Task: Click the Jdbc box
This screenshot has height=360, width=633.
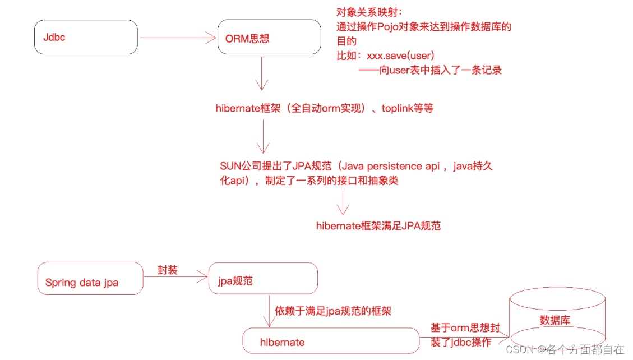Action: pos(86,37)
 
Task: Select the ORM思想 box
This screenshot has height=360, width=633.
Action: pos(269,38)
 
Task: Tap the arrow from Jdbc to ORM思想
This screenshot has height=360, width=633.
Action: pos(178,38)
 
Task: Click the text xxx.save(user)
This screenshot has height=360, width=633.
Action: pos(400,56)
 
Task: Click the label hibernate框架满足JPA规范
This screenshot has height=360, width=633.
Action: pos(378,226)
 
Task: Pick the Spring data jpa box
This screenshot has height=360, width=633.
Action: pos(90,278)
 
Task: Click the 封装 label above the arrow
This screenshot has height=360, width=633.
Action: pos(168,270)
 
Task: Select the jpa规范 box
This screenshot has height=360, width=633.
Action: pos(263,279)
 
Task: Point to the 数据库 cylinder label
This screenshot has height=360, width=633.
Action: pos(555,320)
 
